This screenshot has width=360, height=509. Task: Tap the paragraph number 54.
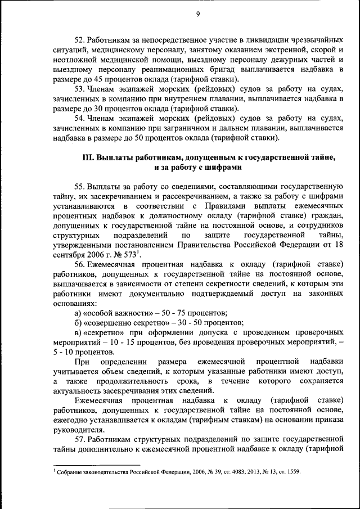80,118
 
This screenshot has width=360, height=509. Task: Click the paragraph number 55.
80,186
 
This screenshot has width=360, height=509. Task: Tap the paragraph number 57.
80,439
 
